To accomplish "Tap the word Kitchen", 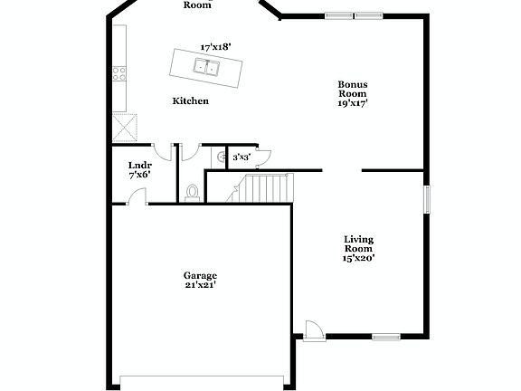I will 191,101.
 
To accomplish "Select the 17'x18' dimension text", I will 216,45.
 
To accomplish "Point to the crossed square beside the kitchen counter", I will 124,126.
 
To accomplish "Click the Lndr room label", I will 139,165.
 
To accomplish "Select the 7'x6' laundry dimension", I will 139,175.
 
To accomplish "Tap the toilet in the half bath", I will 192,192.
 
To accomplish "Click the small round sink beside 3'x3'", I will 219,157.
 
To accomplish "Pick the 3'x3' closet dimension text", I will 242,157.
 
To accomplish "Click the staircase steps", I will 266,188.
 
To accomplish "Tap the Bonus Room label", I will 353,89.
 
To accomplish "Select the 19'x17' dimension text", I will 353,103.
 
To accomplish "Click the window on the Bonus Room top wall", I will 354,15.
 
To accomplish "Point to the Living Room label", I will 359,244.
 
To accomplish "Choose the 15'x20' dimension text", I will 359,258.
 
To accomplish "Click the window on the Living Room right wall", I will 427,199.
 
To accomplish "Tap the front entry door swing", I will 312,329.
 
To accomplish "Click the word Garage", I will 201,275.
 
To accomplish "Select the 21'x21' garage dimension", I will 201,285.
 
